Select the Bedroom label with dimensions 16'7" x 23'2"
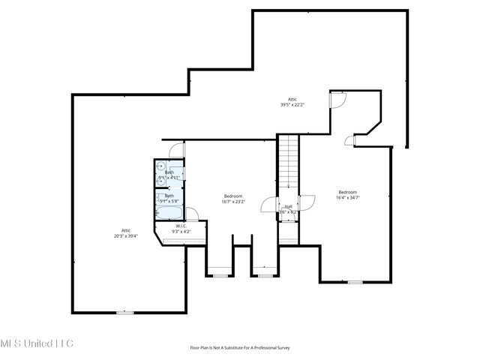point(233,198)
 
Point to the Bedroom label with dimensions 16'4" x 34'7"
point(348,194)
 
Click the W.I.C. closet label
point(181,229)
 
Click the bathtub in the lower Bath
point(166,199)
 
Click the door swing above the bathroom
point(175,148)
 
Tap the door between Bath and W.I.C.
point(190,213)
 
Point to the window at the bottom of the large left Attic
point(124,312)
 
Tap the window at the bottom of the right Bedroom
point(355,282)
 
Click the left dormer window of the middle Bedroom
point(220,276)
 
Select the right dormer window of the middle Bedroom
point(265,276)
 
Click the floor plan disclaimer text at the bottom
point(240,348)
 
